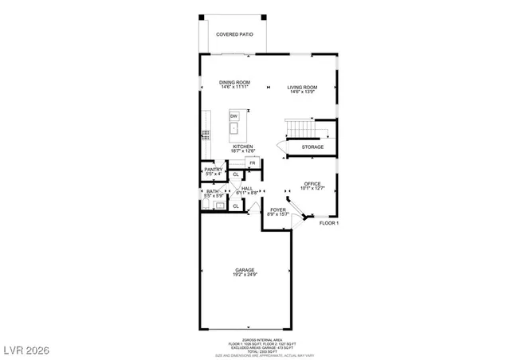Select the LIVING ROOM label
[303, 88]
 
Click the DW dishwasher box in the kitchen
[234, 116]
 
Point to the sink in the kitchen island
[234, 128]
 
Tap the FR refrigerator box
[251, 163]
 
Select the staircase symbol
[300, 127]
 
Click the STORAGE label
[312, 147]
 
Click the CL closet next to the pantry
[236, 174]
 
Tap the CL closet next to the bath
[236, 205]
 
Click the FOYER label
[277, 212]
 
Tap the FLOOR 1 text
[329, 224]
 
